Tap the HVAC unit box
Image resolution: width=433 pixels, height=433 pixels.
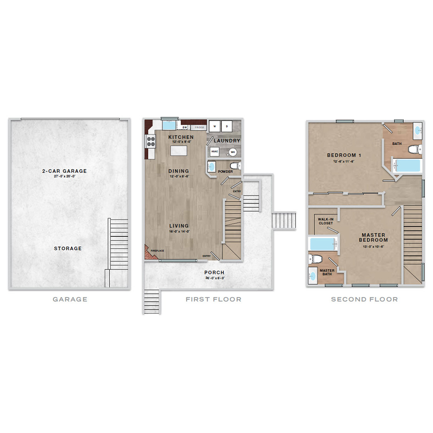[215, 152]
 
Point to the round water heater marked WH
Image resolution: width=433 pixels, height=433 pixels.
[233, 152]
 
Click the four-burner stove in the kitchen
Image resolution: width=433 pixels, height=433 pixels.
[151, 141]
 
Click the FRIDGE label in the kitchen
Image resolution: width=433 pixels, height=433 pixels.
[199, 127]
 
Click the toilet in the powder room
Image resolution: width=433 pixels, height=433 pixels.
[234, 166]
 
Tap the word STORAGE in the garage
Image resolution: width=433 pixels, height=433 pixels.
[68, 249]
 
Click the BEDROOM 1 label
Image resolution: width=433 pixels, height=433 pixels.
[344, 155]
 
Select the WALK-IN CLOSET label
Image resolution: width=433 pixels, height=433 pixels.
[325, 221]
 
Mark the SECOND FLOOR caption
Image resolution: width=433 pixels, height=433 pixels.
[364, 299]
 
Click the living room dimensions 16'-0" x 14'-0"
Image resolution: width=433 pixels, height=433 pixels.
[178, 231]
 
